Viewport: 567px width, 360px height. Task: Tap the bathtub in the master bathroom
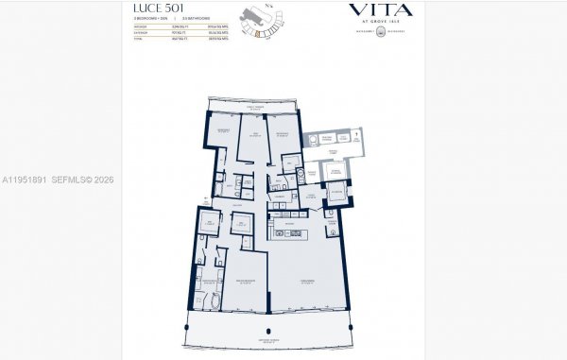[215, 303]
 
